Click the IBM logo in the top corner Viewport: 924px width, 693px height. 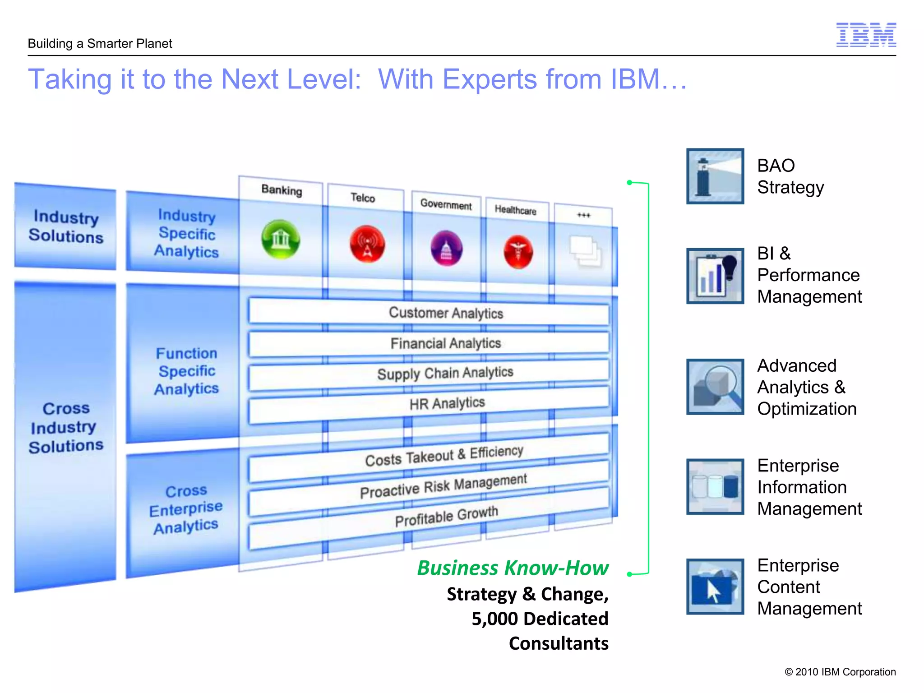point(866,35)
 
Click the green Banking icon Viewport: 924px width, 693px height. point(281,239)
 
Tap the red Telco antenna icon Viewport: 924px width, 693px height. point(367,244)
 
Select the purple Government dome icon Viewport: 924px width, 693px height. point(446,249)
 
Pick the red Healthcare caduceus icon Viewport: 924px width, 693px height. point(518,252)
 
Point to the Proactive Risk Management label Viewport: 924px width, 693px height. point(443,486)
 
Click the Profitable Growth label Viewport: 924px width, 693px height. point(446,517)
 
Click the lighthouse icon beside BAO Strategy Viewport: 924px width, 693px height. point(715,176)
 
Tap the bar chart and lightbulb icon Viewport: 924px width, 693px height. point(715,276)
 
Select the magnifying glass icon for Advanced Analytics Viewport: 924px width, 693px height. point(715,387)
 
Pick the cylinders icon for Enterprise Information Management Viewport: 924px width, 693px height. point(715,486)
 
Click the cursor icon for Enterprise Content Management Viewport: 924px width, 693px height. point(715,587)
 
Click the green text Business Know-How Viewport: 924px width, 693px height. point(513,568)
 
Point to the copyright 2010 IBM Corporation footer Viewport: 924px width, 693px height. point(840,672)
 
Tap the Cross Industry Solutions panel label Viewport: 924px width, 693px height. point(66,427)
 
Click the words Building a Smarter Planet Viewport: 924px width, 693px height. point(100,44)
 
